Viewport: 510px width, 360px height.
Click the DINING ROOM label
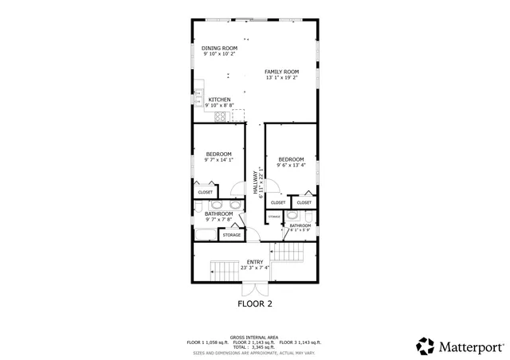coord(219,48)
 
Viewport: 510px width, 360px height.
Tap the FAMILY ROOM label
coord(282,72)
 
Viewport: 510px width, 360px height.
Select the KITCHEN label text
coord(219,100)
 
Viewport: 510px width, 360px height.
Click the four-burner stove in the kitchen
coord(221,116)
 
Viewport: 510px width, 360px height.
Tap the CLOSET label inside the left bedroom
coord(205,192)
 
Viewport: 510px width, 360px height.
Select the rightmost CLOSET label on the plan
coord(304,202)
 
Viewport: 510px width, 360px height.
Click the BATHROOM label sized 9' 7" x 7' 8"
coord(218,213)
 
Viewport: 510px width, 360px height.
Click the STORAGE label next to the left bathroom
coord(231,235)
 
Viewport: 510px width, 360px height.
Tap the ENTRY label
coord(255,262)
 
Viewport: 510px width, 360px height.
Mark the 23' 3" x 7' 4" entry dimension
coord(255,268)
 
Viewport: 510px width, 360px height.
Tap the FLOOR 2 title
coord(255,304)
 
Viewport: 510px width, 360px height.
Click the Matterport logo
coord(459,346)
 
